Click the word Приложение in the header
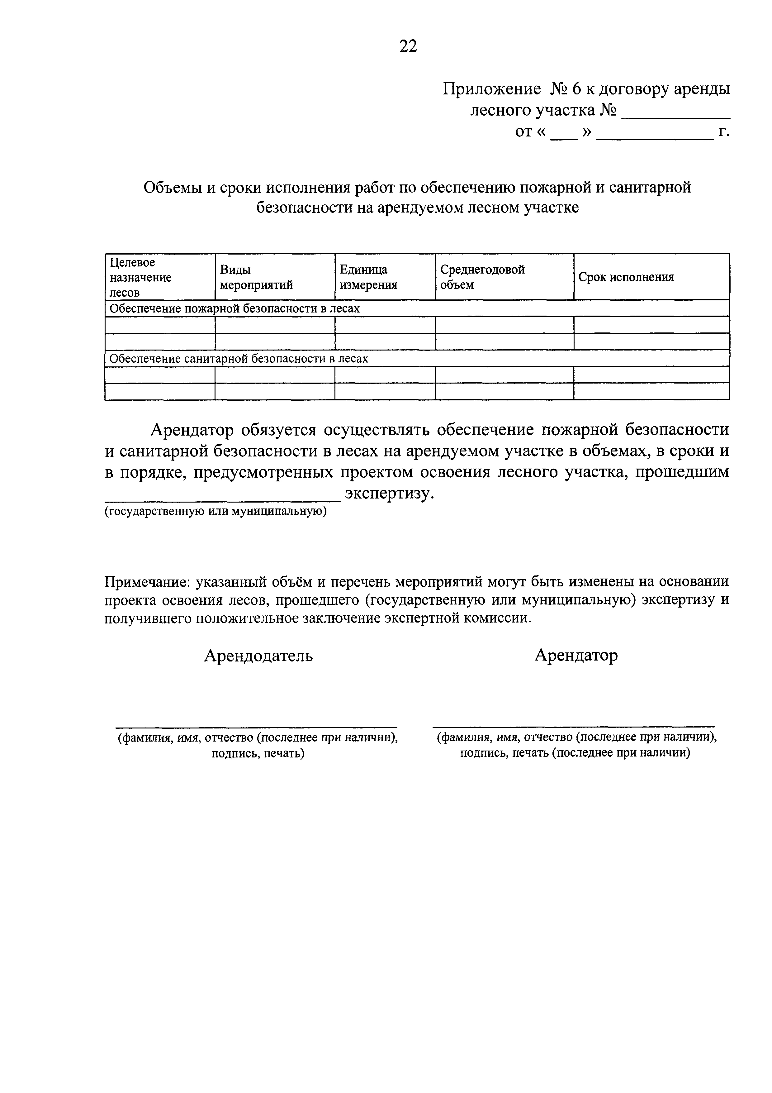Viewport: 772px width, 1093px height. (491, 89)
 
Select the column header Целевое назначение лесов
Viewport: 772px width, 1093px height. (140, 277)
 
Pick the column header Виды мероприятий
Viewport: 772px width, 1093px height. (256, 277)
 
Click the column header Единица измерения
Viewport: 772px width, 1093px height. (368, 277)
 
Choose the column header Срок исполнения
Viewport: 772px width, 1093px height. (626, 277)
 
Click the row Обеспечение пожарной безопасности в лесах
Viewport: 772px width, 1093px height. (234, 308)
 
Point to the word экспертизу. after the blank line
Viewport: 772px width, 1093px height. (390, 493)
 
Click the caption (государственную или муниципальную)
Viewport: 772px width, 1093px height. (215, 511)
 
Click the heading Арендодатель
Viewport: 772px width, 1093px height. (258, 656)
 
